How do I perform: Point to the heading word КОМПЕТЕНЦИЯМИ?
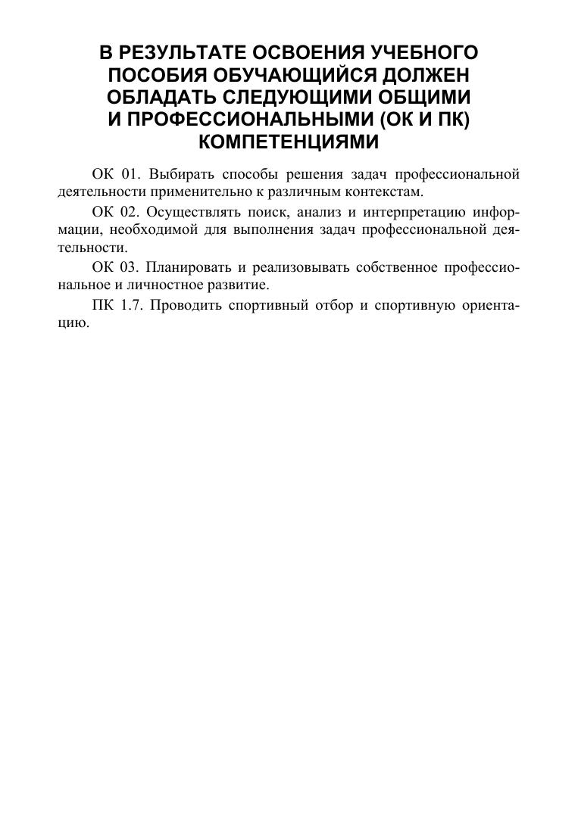[288, 142]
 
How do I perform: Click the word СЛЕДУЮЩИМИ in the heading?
[296, 98]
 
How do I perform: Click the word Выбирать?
[176, 175]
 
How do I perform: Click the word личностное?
[165, 285]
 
